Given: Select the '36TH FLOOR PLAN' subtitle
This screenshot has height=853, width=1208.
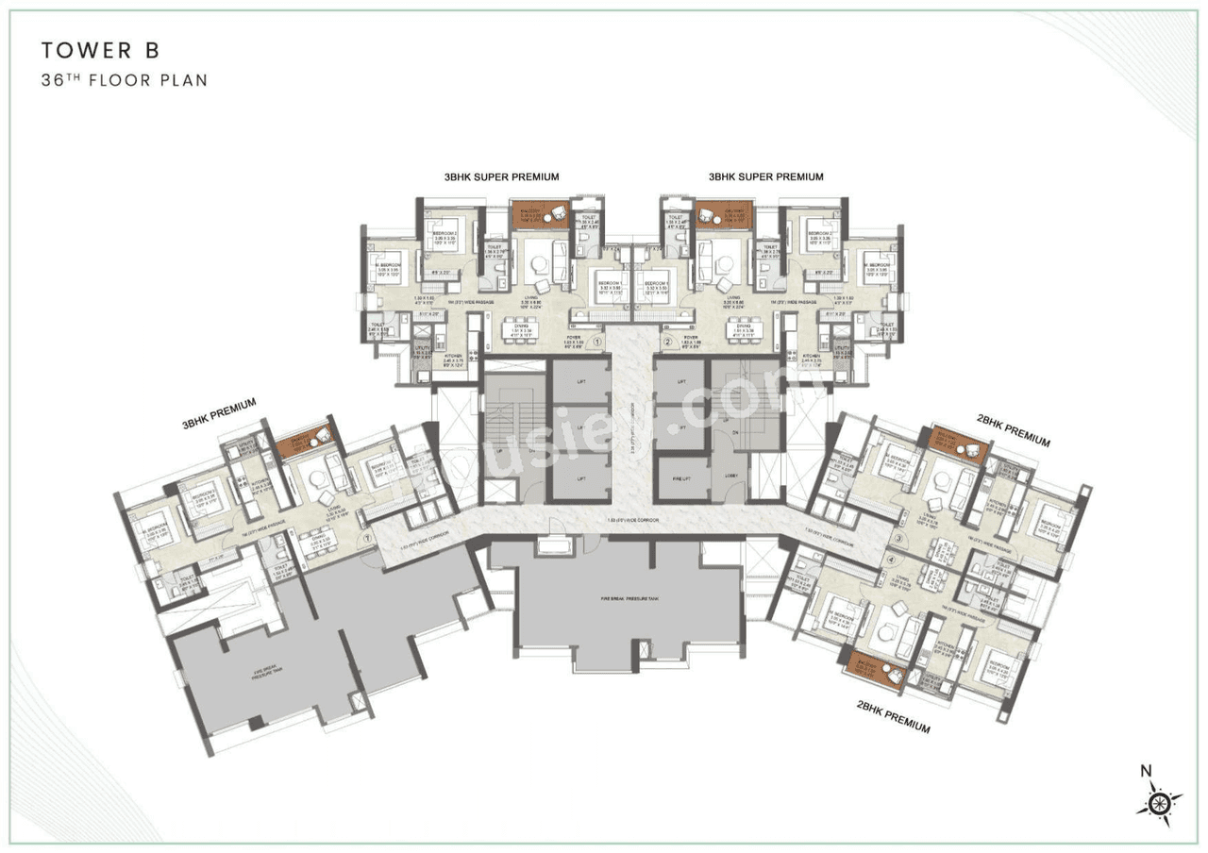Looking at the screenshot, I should (x=124, y=80).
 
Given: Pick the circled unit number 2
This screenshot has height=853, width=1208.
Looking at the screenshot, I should (x=667, y=343).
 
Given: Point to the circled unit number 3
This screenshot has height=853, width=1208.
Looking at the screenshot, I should (x=899, y=539).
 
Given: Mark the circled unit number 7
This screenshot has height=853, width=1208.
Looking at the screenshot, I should (x=367, y=540).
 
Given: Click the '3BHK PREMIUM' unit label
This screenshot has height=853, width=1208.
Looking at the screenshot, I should (x=219, y=412).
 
